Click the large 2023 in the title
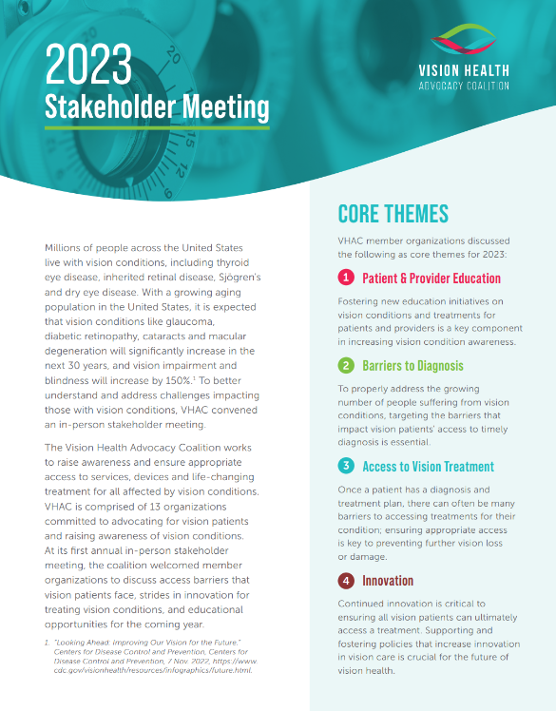click(89, 66)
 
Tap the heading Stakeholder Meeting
click(157, 106)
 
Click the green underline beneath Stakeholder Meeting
click(157, 126)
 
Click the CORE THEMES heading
click(393, 214)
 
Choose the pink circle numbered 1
click(346, 278)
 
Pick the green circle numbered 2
click(346, 365)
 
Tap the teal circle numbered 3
click(346, 466)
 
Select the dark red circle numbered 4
click(346, 580)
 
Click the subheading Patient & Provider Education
click(431, 279)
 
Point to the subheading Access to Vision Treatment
click(428, 467)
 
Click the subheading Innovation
click(388, 581)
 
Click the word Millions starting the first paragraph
click(67, 246)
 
